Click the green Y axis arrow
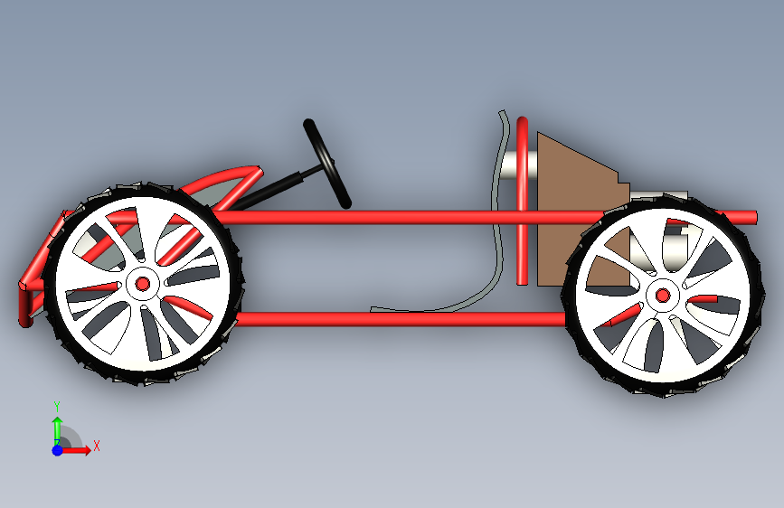point(57,427)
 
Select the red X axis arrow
point(80,449)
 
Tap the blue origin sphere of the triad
point(57,449)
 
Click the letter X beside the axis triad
point(96,446)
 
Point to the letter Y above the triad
point(57,406)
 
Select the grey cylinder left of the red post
point(508,164)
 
